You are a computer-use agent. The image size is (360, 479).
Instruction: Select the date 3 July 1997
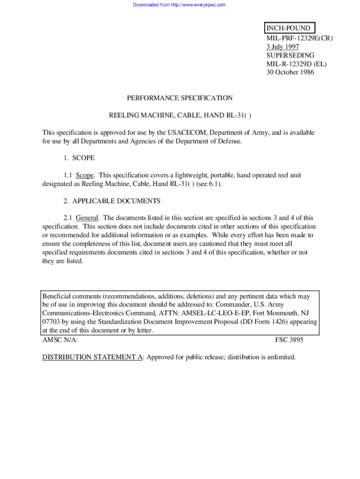(282, 47)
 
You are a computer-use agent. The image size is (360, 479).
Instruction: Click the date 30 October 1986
(290, 72)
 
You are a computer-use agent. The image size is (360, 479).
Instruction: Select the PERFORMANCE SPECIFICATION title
(180, 98)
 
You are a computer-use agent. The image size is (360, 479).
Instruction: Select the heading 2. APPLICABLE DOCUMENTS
(112, 201)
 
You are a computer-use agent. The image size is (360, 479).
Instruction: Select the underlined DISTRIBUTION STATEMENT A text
(93, 357)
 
